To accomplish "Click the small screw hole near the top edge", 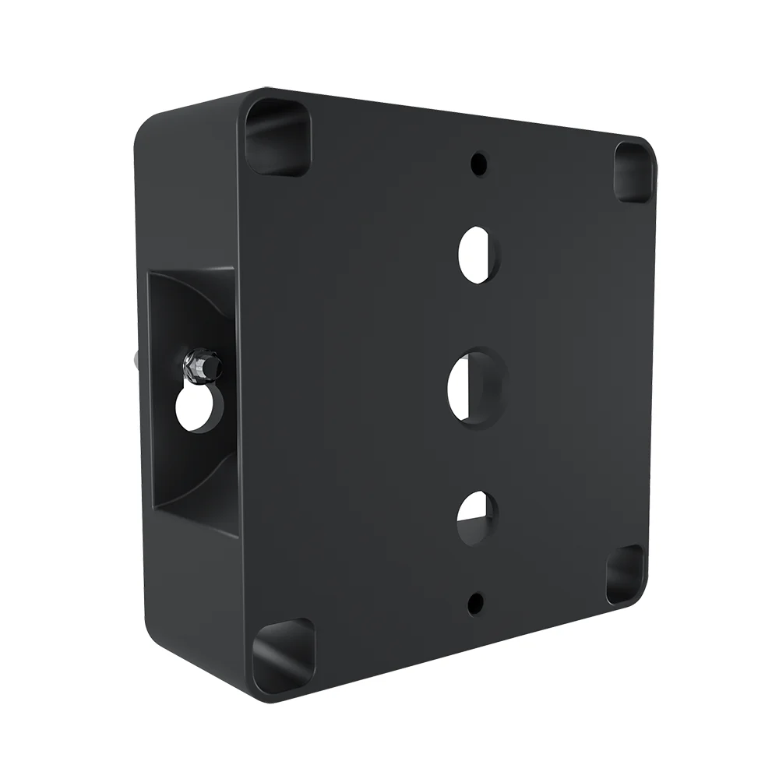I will pyautogui.click(x=478, y=164).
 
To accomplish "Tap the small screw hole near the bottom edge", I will pyautogui.click(x=476, y=601).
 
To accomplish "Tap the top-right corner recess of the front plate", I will pyautogui.click(x=633, y=171).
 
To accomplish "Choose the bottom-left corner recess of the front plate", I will pyautogui.click(x=282, y=654).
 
